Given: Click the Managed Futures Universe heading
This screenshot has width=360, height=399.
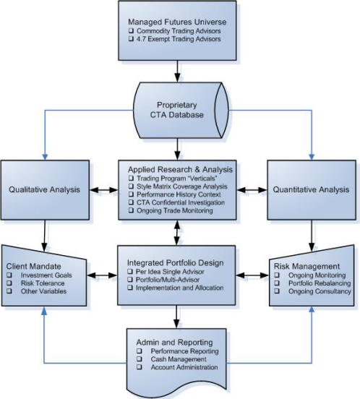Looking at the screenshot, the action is coord(177,22).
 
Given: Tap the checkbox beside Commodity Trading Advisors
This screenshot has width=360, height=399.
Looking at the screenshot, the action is coord(131,31).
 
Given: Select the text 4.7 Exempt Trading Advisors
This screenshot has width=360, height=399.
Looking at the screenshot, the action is coord(179,39).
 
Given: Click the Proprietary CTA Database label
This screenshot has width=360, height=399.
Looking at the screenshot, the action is coord(177,110).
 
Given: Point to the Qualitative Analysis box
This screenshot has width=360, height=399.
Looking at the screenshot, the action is coord(45,190).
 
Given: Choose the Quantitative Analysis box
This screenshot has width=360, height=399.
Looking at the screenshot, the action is coord(312,190).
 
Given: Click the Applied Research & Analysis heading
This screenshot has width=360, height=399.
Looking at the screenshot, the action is coord(180,169).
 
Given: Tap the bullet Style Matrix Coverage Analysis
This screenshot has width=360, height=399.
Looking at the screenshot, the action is coord(182,186).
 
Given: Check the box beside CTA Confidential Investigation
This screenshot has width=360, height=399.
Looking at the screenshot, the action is coord(131,202).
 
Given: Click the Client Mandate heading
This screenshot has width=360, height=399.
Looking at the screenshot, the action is coord(33,267).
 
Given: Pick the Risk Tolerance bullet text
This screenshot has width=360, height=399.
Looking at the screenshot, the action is coord(43,283).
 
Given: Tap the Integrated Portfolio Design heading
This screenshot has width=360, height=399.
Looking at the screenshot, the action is coord(176,263).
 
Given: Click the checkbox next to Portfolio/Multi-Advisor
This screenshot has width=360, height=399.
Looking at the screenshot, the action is coord(130,280).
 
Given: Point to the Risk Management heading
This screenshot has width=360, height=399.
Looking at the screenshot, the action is coord(307,267).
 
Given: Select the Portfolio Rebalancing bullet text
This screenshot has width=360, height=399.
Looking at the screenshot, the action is coord(320,283).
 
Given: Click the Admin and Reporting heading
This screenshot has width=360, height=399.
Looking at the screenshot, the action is coord(174,342).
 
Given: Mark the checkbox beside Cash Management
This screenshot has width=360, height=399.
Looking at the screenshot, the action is coord(140,359).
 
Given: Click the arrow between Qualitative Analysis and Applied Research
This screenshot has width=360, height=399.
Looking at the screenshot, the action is coord(104,190).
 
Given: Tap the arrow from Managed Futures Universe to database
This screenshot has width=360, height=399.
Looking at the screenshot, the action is coord(177,72).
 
